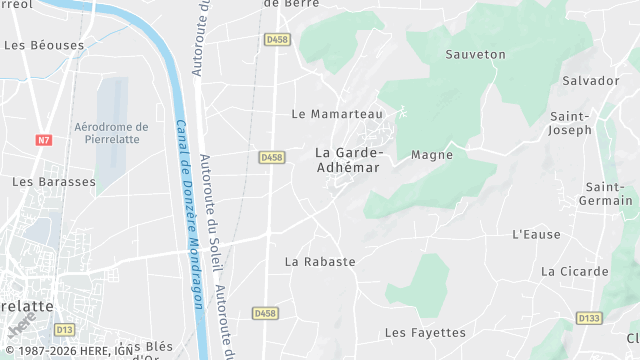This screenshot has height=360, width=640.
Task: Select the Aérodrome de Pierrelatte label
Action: point(111,133)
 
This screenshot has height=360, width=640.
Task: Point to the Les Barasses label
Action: point(54,182)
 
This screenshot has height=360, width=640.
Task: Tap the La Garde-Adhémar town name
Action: point(349,159)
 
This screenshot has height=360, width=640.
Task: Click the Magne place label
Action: point(432,155)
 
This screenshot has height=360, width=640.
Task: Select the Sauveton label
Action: point(476,54)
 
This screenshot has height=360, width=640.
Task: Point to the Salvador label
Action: point(591,80)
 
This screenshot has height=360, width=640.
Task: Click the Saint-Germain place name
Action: point(609,194)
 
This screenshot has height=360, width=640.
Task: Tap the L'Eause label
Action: point(535,235)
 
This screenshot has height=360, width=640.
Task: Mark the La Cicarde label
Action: point(575,271)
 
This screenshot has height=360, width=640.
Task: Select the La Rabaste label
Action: point(320,262)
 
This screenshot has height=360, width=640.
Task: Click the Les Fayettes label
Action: point(425,332)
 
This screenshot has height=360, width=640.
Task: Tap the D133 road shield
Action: point(589,318)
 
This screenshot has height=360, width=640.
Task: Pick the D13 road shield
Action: point(65,328)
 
